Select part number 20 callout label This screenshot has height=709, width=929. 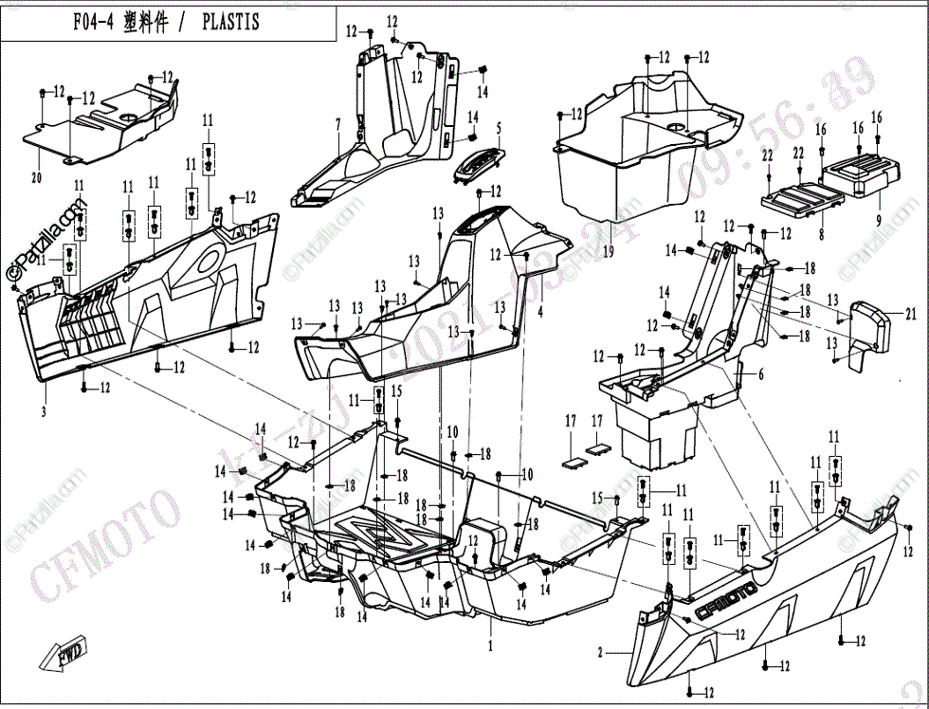pyautogui.click(x=37, y=177)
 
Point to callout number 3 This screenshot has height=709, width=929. pyautogui.click(x=43, y=410)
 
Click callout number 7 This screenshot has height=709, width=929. pyautogui.click(x=337, y=124)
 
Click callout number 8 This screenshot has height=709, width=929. pyautogui.click(x=821, y=230)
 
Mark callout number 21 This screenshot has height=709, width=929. pyautogui.click(x=911, y=314)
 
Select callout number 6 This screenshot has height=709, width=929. pyautogui.click(x=759, y=374)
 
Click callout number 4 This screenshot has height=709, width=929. pyautogui.click(x=539, y=311)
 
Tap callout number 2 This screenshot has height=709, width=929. pyautogui.click(x=599, y=653)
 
